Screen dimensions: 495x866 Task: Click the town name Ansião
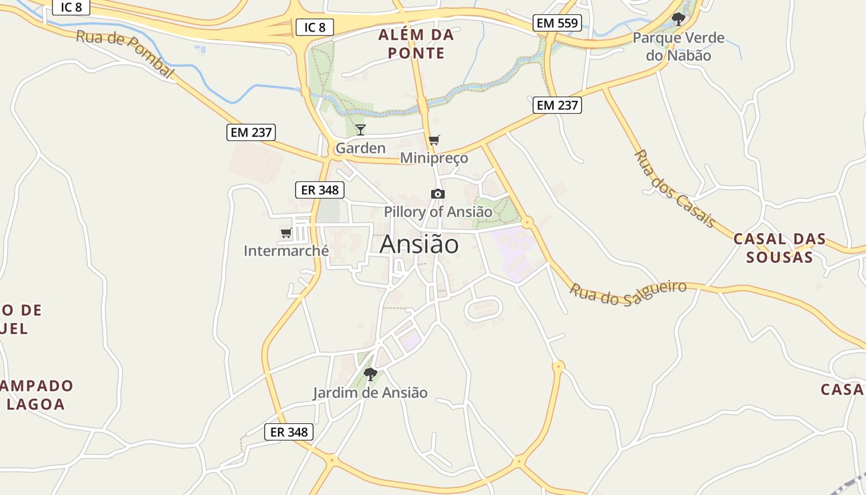pyautogui.click(x=419, y=244)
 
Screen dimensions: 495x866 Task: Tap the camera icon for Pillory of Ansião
pyautogui.click(x=437, y=194)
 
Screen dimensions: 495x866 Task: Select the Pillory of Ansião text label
pyautogui.click(x=438, y=212)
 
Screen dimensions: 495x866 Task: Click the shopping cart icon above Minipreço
pyautogui.click(x=434, y=140)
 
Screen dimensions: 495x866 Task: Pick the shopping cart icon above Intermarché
pyautogui.click(x=286, y=233)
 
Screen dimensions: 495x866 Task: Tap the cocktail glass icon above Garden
pyautogui.click(x=361, y=130)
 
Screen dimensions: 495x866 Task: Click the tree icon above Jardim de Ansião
pyautogui.click(x=371, y=374)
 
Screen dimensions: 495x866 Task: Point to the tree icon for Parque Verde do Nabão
pyautogui.click(x=678, y=19)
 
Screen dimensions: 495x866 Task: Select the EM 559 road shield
pyautogui.click(x=557, y=24)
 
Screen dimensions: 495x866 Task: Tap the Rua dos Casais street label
pyautogui.click(x=675, y=189)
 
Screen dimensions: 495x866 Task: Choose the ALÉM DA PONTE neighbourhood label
pyautogui.click(x=416, y=44)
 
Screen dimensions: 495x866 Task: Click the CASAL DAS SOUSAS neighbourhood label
pyautogui.click(x=779, y=247)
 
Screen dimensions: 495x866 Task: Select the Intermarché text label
pyautogui.click(x=286, y=251)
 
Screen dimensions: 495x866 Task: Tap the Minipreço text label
pyautogui.click(x=434, y=158)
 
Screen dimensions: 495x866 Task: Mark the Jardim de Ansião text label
pyautogui.click(x=370, y=392)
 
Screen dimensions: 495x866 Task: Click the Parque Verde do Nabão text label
pyautogui.click(x=678, y=46)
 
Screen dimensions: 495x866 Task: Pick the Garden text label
pyautogui.click(x=360, y=148)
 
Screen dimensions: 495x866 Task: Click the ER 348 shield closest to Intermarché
pyautogui.click(x=319, y=190)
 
